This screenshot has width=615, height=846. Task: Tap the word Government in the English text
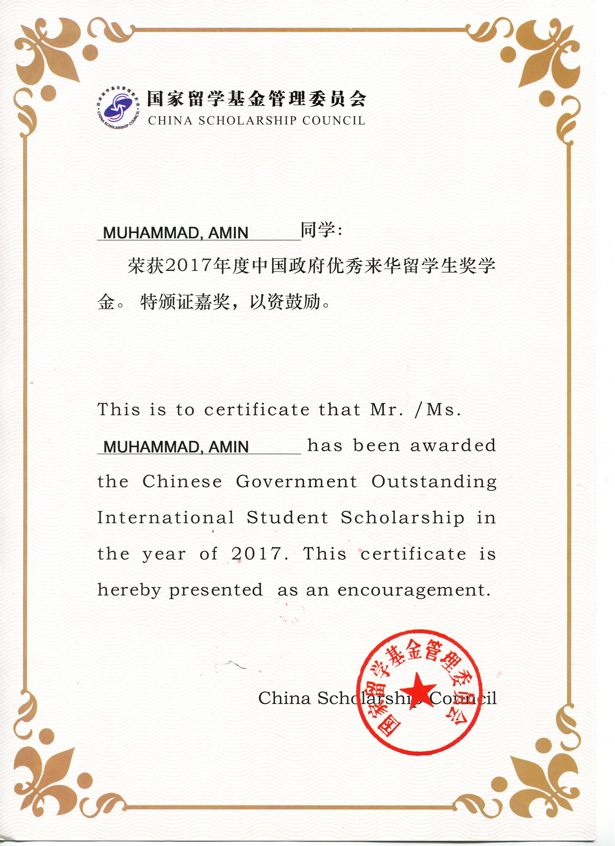pyautogui.click(x=296, y=481)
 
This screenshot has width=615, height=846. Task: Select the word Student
pyautogui.click(x=287, y=518)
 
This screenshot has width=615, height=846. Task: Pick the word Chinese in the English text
pyautogui.click(x=182, y=481)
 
